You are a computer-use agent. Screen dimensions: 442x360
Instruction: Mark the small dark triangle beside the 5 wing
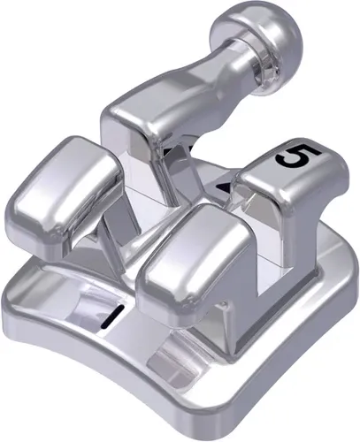(x=226, y=187)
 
